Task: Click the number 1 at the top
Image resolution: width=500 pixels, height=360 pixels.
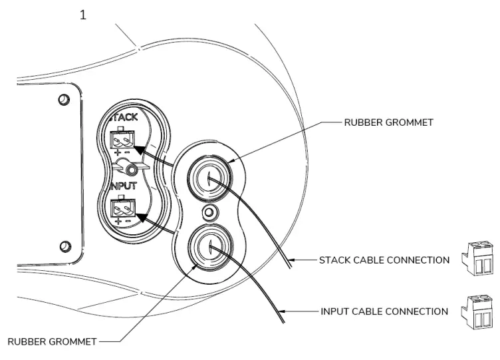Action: click(x=83, y=15)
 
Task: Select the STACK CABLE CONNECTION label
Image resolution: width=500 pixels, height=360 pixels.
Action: click(x=383, y=260)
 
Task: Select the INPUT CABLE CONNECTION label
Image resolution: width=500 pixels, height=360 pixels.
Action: click(x=383, y=311)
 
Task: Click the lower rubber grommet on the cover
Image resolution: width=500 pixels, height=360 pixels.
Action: click(x=209, y=248)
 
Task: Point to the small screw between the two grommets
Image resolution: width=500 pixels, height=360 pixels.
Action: click(x=209, y=213)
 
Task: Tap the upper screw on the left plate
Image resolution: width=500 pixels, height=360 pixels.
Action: click(x=64, y=100)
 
